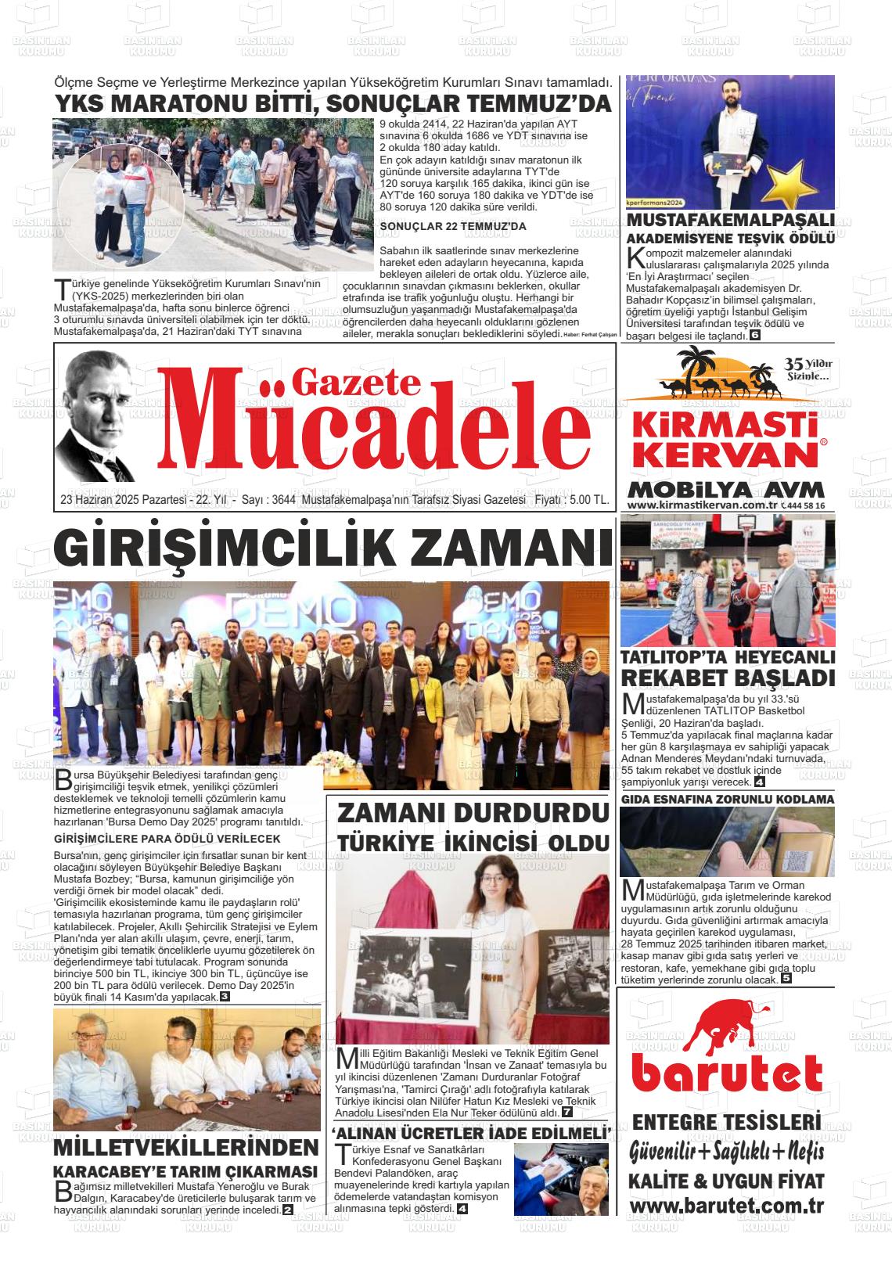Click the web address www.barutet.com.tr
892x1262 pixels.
[725, 1206]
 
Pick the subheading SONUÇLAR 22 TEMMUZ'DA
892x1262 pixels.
[453, 227]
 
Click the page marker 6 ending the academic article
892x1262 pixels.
[755, 336]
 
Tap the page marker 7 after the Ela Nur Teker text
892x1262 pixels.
[566, 1113]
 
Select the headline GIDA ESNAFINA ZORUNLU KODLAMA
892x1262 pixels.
[728, 800]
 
